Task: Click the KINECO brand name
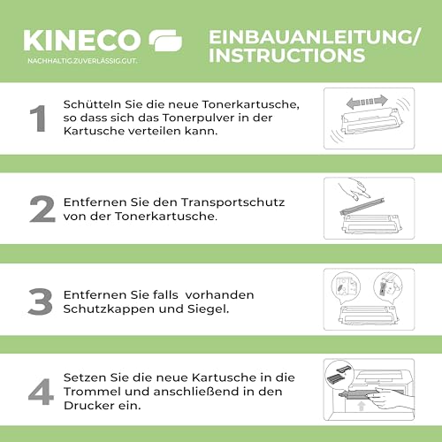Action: point(82,41)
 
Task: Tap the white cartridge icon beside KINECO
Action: point(165,41)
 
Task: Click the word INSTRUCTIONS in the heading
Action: point(287,55)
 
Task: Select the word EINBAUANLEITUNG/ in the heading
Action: point(314,37)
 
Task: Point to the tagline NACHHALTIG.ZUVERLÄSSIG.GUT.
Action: point(82,61)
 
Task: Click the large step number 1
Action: point(38,118)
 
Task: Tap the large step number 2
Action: point(42,209)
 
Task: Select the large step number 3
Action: point(41,301)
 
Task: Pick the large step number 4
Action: point(41,392)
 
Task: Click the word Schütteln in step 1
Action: point(92,104)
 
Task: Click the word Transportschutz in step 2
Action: point(232,202)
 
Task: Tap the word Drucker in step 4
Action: point(89,406)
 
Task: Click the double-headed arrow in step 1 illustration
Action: point(367,102)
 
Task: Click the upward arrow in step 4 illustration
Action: point(362,406)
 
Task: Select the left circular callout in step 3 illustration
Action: point(346,286)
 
